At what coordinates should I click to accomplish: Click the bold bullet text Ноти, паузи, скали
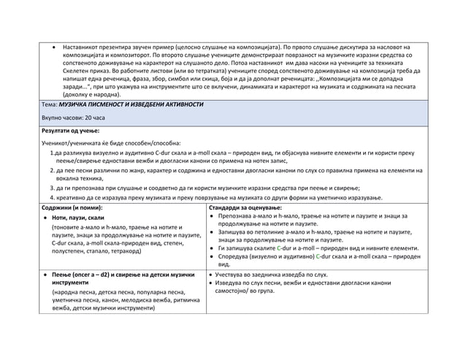click(78, 218)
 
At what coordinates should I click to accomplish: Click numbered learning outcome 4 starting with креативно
click(219, 198)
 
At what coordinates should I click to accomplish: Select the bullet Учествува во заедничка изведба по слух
click(272, 275)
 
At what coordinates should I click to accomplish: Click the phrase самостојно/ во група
click(253, 291)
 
